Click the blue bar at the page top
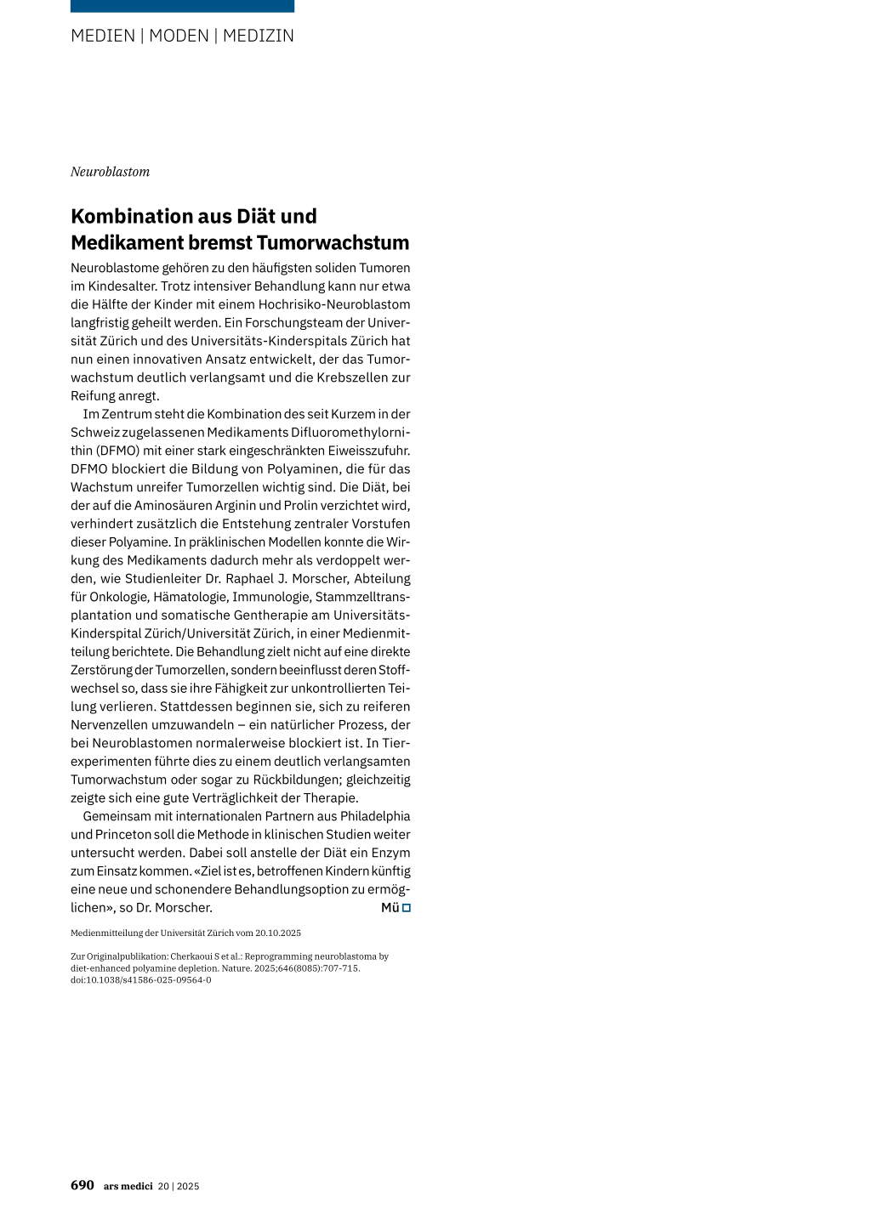tap(182, 6)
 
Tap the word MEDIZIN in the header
tap(259, 36)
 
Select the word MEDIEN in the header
tap(103, 36)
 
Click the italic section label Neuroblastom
tap(110, 172)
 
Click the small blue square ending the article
tap(407, 908)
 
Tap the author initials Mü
tap(390, 908)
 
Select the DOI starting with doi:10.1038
tap(141, 980)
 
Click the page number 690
tap(83, 1186)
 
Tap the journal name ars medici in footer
tap(128, 1187)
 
